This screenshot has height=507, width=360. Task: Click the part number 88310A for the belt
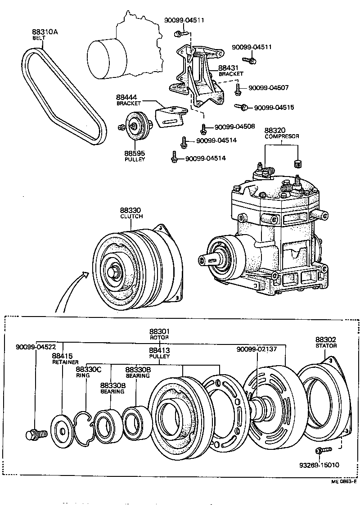(45, 32)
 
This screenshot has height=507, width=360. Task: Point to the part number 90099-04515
(274, 108)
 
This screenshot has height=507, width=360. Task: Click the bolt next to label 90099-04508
(203, 129)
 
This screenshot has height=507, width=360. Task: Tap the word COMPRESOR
(282, 136)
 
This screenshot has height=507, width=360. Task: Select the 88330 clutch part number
(130, 210)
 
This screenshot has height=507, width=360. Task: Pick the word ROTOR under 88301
(159, 337)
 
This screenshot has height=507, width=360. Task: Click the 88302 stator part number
(326, 340)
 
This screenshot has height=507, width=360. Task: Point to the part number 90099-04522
(36, 347)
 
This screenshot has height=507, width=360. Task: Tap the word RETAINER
(65, 362)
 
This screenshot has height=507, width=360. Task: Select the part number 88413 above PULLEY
(159, 350)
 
